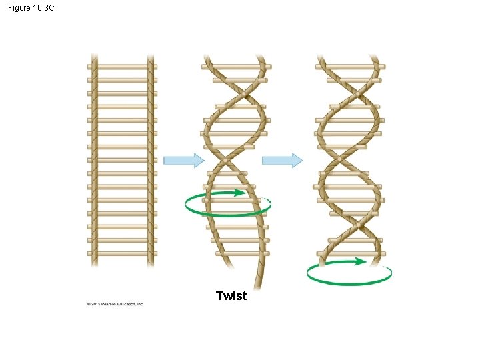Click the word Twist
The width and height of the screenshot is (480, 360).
(x=231, y=296)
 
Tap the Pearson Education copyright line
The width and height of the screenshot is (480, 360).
(x=115, y=304)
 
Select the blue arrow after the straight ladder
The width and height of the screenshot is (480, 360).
(x=183, y=160)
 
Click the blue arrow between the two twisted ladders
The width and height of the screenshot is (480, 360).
(x=282, y=160)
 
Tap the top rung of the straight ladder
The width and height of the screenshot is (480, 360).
(x=123, y=67)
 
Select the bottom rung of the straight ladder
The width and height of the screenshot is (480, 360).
(x=123, y=253)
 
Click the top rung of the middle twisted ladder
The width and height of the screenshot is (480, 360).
(x=237, y=67)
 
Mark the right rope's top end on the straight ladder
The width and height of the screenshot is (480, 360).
(x=151, y=57)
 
